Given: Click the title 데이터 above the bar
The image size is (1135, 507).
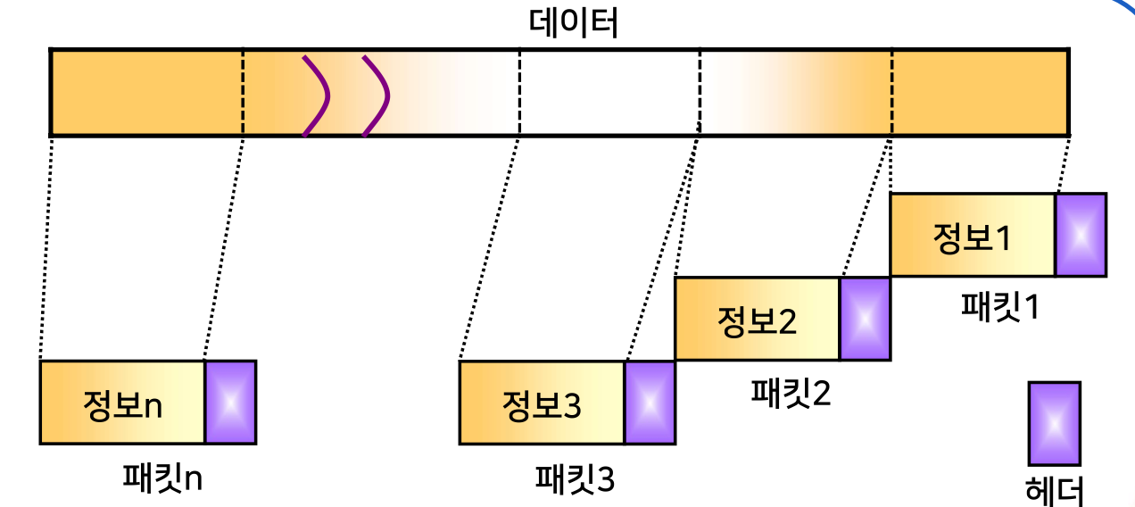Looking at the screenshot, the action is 573,23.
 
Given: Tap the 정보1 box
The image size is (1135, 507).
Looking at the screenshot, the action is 973,235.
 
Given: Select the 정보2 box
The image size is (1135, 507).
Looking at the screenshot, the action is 757,319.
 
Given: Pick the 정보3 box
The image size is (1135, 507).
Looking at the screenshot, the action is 542,403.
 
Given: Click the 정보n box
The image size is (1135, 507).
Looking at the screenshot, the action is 122,403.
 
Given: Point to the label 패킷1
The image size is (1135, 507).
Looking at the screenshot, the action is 999,307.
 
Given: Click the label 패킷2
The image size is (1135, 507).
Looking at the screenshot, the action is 790,391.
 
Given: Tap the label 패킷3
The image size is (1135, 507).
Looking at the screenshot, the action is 574,479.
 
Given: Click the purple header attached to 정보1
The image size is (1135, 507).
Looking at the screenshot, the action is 1081,235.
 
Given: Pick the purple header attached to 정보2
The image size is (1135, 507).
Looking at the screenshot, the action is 865,319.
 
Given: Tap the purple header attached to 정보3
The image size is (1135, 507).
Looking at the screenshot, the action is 650,403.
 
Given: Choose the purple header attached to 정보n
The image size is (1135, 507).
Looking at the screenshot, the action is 230,403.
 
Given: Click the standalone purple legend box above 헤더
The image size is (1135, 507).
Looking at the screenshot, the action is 1054,424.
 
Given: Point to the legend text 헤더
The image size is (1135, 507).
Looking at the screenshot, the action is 1055,489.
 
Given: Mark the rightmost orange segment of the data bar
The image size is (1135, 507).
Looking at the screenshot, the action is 980,93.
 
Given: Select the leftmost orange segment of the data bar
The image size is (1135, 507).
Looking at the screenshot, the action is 146,93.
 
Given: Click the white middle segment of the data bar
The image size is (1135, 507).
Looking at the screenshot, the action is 609,93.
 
